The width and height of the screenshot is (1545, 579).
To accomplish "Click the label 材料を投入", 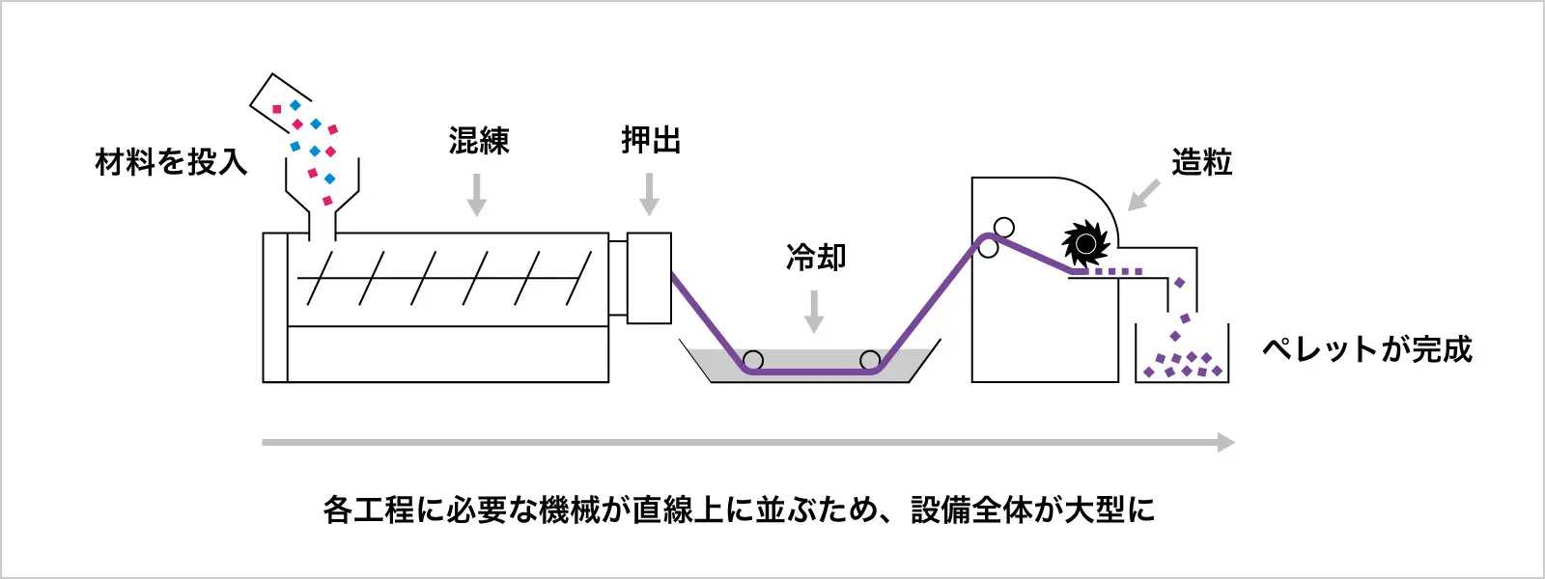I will [x=171, y=162].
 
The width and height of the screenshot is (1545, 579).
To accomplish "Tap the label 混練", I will [x=478, y=142].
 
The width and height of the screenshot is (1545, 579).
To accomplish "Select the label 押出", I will [x=650, y=141].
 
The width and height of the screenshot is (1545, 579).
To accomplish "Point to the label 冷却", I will [x=816, y=258].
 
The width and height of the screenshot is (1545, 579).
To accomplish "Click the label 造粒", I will [x=1201, y=163].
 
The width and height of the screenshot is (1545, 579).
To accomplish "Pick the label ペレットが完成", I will [x=1367, y=349].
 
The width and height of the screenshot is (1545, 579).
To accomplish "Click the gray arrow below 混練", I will [x=476, y=195].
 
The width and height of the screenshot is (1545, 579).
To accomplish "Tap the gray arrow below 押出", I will [x=650, y=195].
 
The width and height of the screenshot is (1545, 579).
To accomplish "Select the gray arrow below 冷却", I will [x=814, y=311].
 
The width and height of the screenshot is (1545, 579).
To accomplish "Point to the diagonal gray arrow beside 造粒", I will [x=1143, y=195].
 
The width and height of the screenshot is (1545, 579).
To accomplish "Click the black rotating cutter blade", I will [x=1085, y=243].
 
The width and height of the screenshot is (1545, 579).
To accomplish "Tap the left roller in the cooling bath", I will [x=754, y=361].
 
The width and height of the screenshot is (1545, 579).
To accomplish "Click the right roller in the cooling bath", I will [x=870, y=361].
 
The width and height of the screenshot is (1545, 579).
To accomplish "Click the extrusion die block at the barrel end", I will [x=649, y=278].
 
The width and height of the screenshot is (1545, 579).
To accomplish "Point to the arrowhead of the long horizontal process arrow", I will [x=1226, y=443].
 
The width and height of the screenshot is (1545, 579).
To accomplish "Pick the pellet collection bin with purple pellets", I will [x=1182, y=357].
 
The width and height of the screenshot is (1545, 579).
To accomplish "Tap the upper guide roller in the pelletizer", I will [x=1004, y=228].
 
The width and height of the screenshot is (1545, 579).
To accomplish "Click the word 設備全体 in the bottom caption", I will [x=971, y=510].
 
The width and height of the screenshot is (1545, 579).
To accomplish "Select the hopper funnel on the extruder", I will [x=322, y=198].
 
